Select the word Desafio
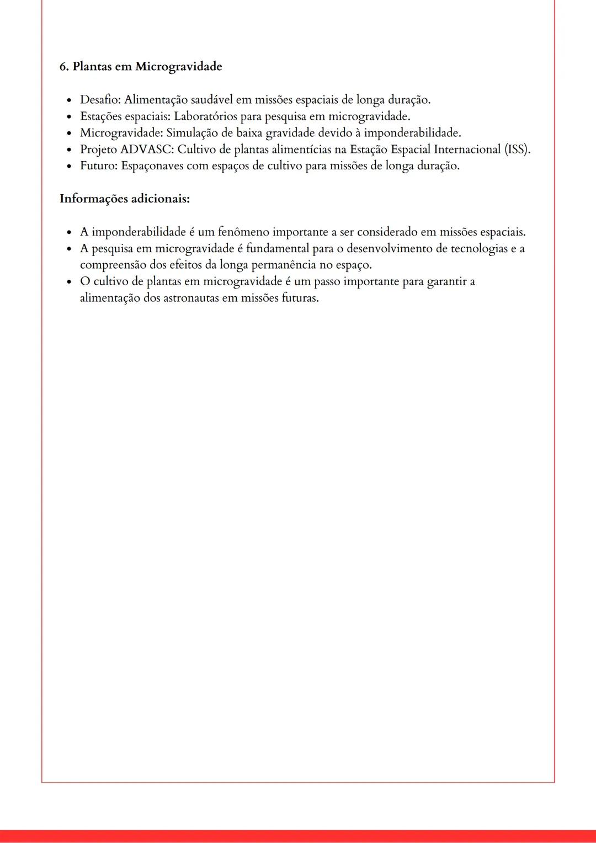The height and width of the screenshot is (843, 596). click(100, 100)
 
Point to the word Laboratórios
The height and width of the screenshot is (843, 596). click(206, 116)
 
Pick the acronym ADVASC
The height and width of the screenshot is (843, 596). click(146, 150)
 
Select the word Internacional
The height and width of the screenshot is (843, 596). click(467, 150)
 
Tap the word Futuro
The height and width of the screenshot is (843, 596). click(98, 166)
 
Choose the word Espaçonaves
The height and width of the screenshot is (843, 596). click(152, 166)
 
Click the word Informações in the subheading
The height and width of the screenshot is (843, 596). click(93, 199)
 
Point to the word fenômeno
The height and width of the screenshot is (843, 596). click(243, 232)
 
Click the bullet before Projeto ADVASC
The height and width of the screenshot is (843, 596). click(69, 150)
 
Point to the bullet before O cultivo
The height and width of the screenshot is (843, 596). click(69, 282)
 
